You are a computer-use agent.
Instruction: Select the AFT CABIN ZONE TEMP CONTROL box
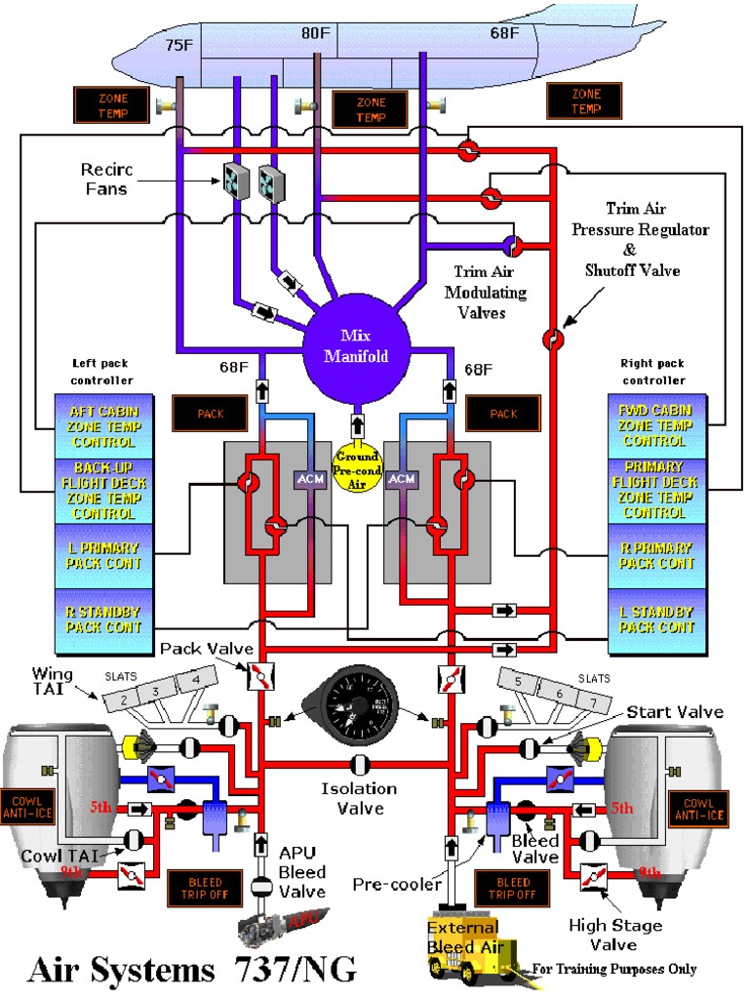[x=103, y=426]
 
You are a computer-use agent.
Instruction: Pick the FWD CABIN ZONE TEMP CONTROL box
[x=653, y=426]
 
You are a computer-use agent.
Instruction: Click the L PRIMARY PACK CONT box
[x=103, y=556]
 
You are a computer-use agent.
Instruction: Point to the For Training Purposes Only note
[x=614, y=969]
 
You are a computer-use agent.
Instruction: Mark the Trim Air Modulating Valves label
[x=485, y=292]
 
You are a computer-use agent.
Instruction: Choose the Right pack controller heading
[x=652, y=372]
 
